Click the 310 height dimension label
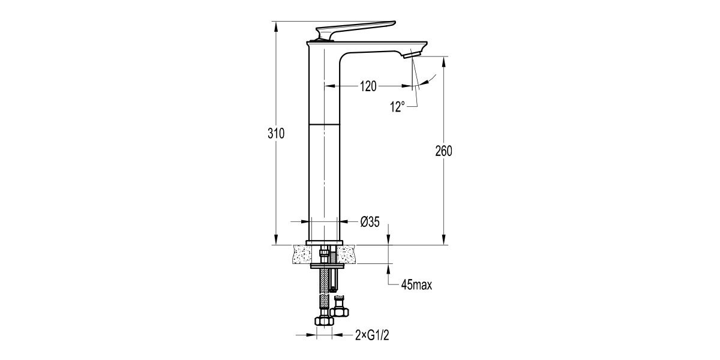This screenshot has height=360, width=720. point(276,133)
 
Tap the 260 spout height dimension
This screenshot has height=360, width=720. point(443,151)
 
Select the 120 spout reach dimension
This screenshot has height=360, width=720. point(368,86)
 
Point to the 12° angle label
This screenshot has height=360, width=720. point(398,107)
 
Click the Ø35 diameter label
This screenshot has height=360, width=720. point(370,222)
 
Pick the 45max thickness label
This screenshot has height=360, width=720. point(416,285)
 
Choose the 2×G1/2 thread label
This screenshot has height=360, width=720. point(372,335)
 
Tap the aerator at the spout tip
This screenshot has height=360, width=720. point(412,55)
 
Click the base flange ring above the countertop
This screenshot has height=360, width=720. point(325,242)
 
